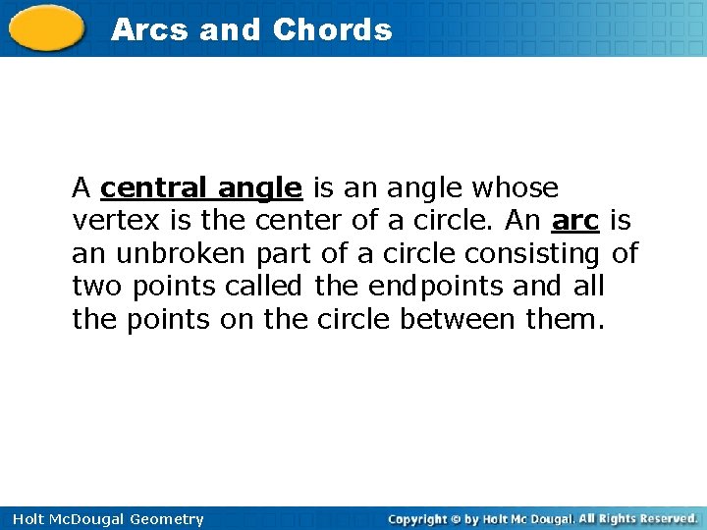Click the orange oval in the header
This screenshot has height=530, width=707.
(47, 27)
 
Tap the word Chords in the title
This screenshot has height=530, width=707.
(332, 29)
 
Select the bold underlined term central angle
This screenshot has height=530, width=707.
(200, 187)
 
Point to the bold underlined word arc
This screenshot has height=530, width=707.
(576, 221)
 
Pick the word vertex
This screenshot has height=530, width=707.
(107, 221)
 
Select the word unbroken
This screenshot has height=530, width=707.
(182, 254)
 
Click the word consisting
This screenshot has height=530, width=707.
(532, 254)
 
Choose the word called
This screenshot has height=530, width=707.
(265, 288)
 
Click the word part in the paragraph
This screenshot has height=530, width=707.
(284, 254)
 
